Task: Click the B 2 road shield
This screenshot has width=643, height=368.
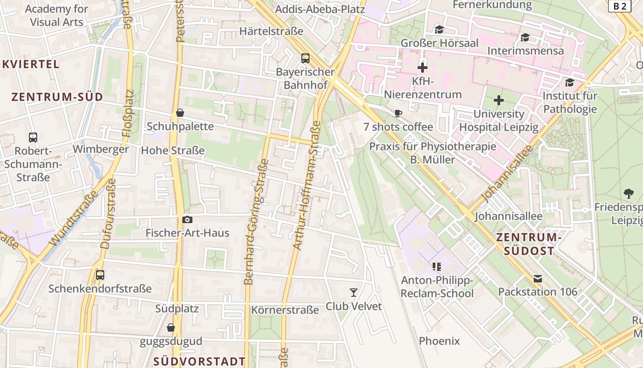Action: [x=620, y=6]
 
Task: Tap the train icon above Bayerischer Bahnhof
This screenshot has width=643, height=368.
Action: [x=305, y=58]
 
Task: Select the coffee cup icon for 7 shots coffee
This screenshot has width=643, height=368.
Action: [x=398, y=113]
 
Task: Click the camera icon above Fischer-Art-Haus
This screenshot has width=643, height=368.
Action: [x=187, y=219]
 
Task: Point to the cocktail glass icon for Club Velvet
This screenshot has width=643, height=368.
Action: [x=354, y=292]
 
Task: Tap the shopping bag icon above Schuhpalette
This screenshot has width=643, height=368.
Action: [x=180, y=113]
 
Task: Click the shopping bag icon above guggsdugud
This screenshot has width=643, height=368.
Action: [x=171, y=328]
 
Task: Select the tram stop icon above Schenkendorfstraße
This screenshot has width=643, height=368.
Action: [x=100, y=275]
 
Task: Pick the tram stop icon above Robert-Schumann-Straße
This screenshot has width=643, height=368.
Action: [x=33, y=137]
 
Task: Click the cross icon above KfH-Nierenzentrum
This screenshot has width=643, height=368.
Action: [x=423, y=68]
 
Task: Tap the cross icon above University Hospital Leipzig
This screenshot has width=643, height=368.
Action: [x=499, y=100]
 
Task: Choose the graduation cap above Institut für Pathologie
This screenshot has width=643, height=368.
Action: [x=570, y=82]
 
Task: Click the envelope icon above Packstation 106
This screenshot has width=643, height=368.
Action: [x=538, y=278]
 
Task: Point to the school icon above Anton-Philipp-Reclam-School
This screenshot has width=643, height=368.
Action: [x=437, y=266]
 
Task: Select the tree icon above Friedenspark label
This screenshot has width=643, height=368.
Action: [x=629, y=193]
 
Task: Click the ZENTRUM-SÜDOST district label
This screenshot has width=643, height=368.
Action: [x=529, y=244]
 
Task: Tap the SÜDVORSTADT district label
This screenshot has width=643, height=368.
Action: [x=199, y=361]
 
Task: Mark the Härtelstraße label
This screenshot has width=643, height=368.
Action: [x=271, y=31]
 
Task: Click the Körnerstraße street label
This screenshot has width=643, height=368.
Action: [x=285, y=310]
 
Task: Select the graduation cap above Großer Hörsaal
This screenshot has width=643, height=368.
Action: [x=440, y=30]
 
